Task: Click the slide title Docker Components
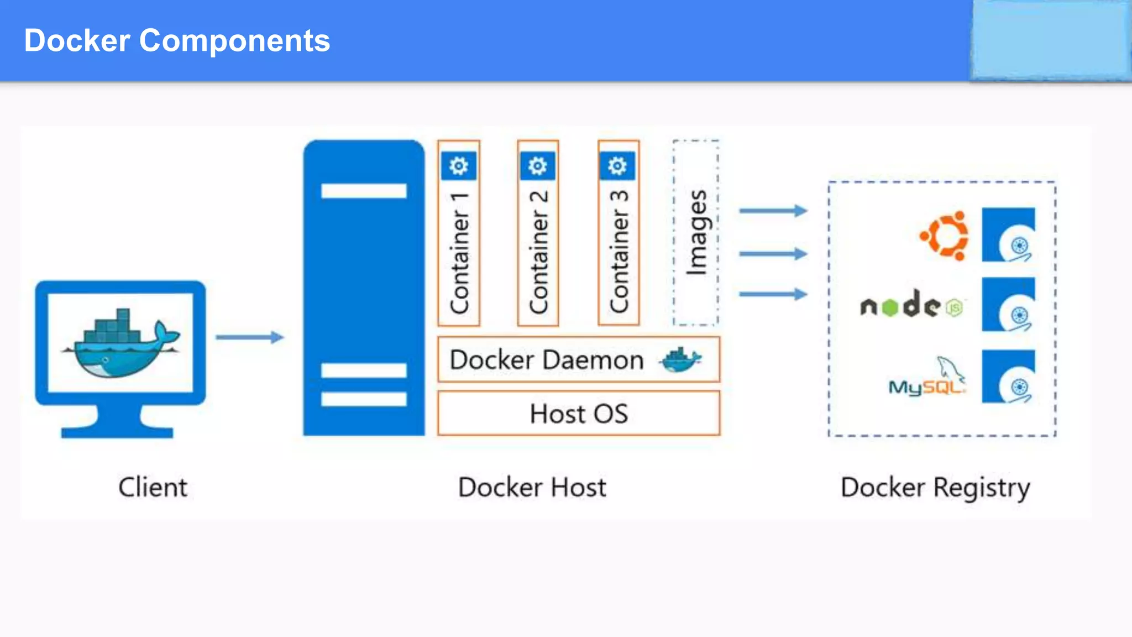click(x=177, y=41)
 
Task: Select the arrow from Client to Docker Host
click(x=249, y=337)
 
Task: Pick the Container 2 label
click(x=538, y=252)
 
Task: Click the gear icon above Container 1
click(x=459, y=166)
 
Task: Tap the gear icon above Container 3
click(x=617, y=166)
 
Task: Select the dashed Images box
click(x=696, y=233)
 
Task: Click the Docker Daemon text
click(x=546, y=361)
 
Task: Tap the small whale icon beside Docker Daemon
click(x=680, y=361)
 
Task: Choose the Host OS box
click(x=578, y=414)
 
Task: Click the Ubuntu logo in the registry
click(x=945, y=236)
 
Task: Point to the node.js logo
click(x=911, y=305)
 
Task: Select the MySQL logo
click(x=927, y=379)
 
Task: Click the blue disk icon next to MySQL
click(x=1008, y=377)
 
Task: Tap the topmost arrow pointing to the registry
click(x=773, y=211)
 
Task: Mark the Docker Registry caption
click(x=935, y=488)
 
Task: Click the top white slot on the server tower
click(x=364, y=191)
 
